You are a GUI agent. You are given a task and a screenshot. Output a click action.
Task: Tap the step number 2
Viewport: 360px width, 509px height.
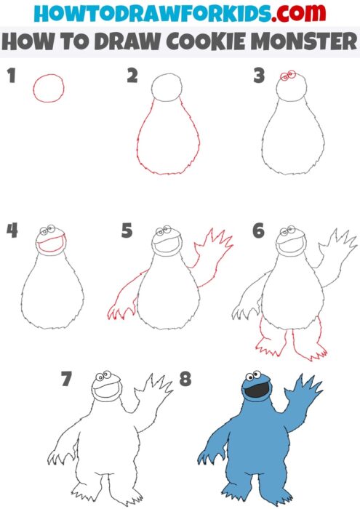coord(132,76)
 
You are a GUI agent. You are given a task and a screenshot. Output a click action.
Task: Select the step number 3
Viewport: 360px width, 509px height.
coord(258,76)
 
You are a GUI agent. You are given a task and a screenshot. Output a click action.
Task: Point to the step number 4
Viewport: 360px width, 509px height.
coord(12,231)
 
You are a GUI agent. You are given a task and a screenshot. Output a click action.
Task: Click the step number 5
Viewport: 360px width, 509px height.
coord(127,231)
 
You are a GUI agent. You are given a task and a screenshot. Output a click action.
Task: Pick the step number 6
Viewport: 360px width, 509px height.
coord(258,231)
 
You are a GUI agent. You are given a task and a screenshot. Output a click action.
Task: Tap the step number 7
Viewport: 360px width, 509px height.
coord(67,379)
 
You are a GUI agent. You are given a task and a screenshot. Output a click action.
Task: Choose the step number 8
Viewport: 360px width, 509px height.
coord(185,379)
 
